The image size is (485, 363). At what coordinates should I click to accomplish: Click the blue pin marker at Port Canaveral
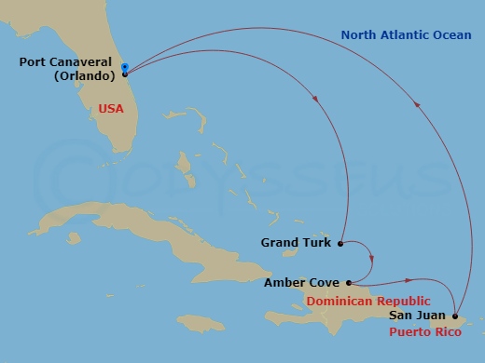(x=125, y=67)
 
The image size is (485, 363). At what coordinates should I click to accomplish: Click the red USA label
(x=111, y=109)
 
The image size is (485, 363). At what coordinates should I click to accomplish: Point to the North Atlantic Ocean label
(x=405, y=35)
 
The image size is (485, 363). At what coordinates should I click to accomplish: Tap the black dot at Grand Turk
(x=340, y=244)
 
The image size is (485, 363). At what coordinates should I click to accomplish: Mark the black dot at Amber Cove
(x=348, y=283)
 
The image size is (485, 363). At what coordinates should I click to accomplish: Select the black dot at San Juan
(x=455, y=316)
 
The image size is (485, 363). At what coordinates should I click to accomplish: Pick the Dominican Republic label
(x=368, y=301)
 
